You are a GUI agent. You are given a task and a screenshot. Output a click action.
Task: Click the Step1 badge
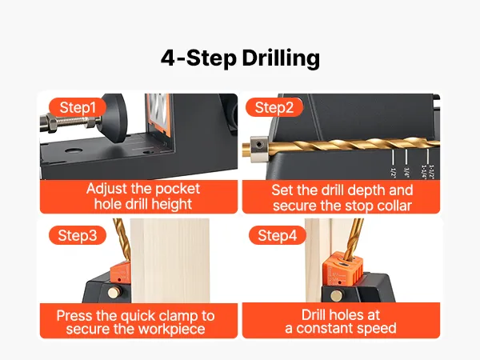(78, 107)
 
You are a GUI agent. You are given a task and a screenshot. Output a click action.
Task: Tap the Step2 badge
(274, 107)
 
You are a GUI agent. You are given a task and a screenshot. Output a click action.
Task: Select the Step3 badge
(78, 235)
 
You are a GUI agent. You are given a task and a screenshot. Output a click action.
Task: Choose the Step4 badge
(278, 235)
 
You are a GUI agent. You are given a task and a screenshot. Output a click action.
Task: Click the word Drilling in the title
(281, 58)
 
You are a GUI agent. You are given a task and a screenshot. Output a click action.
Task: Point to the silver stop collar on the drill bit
(258, 149)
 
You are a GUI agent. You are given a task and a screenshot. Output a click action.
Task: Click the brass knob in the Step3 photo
(114, 293)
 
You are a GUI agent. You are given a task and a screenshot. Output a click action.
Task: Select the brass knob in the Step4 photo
(337, 296)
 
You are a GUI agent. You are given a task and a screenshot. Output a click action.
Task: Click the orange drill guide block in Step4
(343, 270)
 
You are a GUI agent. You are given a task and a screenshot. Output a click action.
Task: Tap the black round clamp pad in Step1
(114, 118)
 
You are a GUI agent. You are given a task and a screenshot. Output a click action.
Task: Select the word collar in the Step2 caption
(394, 206)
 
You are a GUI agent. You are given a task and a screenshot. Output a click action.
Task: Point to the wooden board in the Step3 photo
(170, 261)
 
